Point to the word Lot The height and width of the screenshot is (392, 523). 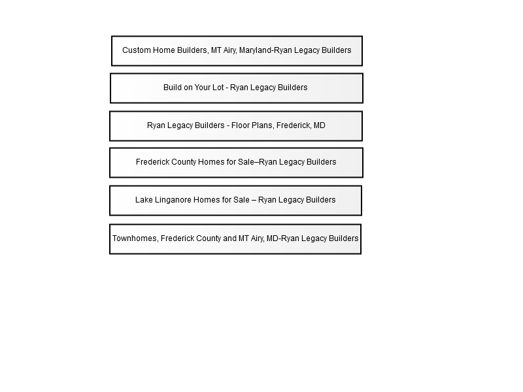pos(218,88)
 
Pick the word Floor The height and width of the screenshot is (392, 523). pos(241,125)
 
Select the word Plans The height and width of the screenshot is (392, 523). pos(263,125)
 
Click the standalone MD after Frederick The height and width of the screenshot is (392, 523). pos(319,125)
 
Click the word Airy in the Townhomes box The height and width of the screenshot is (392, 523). pos(256,239)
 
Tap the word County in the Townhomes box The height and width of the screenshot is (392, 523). pos(209,239)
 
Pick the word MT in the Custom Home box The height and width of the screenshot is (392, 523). pos(216,50)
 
